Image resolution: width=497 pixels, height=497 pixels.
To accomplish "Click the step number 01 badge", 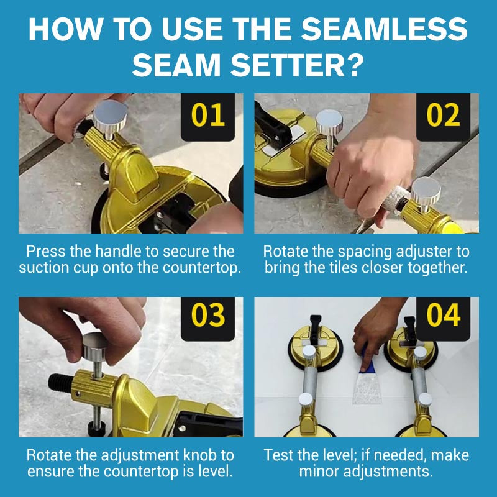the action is click(x=207, y=117).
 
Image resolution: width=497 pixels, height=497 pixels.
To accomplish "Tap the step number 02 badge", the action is click(x=443, y=117).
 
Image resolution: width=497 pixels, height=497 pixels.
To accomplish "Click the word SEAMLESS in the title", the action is click(x=384, y=29).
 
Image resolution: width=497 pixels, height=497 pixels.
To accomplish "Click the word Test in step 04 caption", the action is click(x=276, y=455).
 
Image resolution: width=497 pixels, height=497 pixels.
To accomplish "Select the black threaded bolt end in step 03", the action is click(x=60, y=382).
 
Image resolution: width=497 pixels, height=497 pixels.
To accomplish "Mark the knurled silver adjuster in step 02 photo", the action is click(x=396, y=199).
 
